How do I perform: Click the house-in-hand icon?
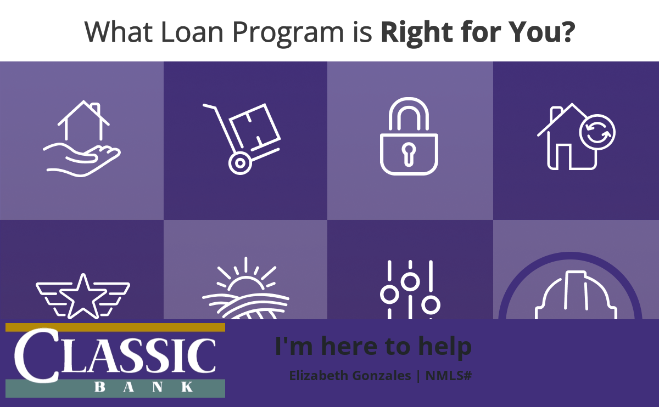click(82, 139)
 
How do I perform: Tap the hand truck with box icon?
click(242, 139)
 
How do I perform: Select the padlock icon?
click(409, 137)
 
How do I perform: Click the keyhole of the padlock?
click(409, 154)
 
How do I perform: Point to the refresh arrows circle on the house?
click(597, 132)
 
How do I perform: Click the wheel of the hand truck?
click(240, 163)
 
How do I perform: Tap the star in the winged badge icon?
click(83, 297)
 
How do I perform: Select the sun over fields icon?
click(245, 289)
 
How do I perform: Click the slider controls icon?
click(410, 290)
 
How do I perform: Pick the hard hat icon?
click(576, 295)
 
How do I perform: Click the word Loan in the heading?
click(192, 32)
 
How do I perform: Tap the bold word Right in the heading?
click(417, 33)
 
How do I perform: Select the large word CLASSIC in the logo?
click(115, 355)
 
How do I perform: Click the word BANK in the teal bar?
click(144, 387)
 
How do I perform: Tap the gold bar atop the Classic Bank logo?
click(115, 327)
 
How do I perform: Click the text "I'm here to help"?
click(373, 347)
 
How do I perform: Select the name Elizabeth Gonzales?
click(350, 376)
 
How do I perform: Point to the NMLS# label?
click(449, 376)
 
